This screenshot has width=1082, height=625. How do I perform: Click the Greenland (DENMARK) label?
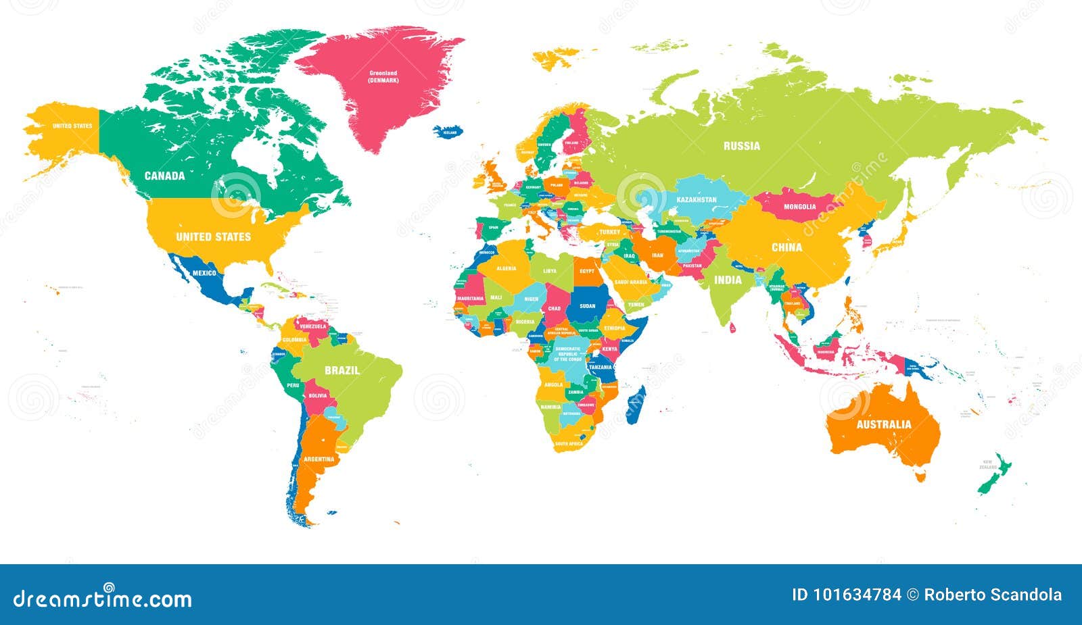point(383,76)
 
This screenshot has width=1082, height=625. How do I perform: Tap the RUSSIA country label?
point(741,146)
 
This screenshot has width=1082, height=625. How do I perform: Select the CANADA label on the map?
point(164,176)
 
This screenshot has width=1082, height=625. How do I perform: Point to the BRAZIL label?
point(342,370)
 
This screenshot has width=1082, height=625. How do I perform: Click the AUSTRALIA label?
point(884,424)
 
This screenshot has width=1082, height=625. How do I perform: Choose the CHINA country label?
point(786,247)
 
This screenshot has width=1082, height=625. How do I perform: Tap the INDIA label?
point(728,280)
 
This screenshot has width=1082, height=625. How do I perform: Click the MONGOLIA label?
point(799,207)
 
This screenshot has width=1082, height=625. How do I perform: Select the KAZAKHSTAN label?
point(697,200)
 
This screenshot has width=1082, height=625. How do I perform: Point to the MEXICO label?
point(204,273)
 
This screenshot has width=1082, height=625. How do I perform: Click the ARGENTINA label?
point(319,459)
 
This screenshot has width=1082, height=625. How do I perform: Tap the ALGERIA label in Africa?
point(506,268)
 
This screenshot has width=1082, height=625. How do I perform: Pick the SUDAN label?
point(588,306)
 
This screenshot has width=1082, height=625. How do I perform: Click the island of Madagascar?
point(636,405)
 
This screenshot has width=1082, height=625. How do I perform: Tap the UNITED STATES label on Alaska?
point(72,126)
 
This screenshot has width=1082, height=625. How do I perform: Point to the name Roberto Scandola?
point(993,595)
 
